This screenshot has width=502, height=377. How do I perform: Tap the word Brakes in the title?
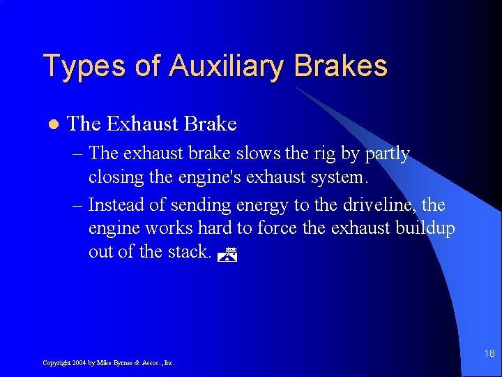[x=340, y=66]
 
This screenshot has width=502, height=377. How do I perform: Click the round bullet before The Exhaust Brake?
[x=51, y=125]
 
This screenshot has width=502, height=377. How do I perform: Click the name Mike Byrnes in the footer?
[x=112, y=363]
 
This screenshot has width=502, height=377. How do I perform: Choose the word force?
[x=277, y=228]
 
